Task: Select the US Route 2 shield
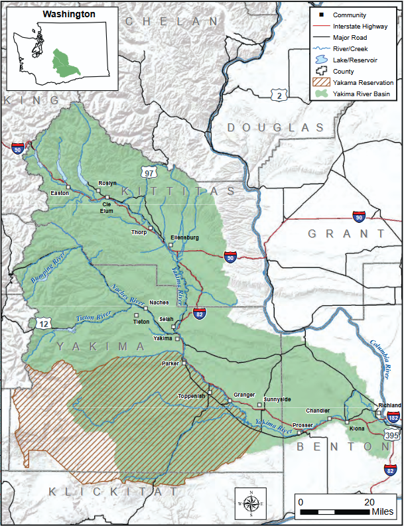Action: click(x=281, y=96)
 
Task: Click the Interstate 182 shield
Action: click(x=393, y=418)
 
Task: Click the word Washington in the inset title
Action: click(x=69, y=13)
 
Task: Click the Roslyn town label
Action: click(x=107, y=183)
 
